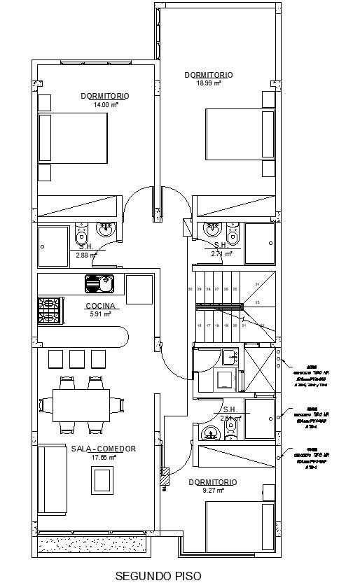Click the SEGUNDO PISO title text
tap(158, 575)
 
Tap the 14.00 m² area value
tap(106, 105)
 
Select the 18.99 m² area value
tap(209, 83)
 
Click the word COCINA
tap(101, 306)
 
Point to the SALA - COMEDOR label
tap(103, 449)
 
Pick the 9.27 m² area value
tap(212, 491)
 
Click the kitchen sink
tap(99, 283)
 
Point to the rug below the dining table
tap(103, 481)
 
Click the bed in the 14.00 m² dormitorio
tap(73, 139)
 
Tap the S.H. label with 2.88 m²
tap(86, 246)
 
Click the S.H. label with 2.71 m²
tap(221, 245)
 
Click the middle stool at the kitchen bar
tap(77, 358)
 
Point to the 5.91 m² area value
tap(101, 314)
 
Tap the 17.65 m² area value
tap(103, 457)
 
